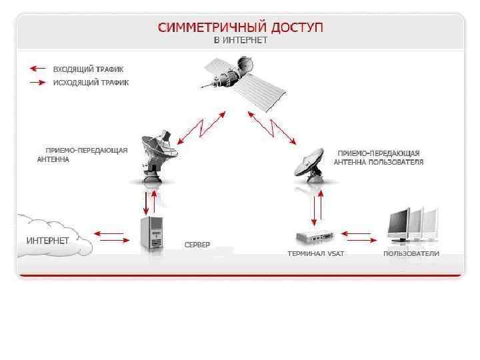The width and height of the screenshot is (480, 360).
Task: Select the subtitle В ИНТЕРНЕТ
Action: (x=241, y=41)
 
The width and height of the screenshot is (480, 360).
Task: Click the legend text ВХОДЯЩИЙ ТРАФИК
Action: (x=88, y=69)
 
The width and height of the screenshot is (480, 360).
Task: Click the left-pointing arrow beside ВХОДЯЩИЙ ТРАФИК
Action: (x=37, y=68)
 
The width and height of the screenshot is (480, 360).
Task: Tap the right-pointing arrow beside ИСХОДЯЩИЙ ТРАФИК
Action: (x=37, y=83)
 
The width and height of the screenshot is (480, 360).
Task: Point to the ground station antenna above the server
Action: (x=155, y=156)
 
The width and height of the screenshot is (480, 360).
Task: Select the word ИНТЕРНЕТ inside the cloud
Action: (x=47, y=239)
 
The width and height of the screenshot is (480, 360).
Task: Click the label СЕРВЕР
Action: (x=197, y=245)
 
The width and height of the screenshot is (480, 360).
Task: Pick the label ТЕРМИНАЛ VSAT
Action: (x=315, y=254)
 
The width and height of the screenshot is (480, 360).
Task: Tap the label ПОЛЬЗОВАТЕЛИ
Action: (x=411, y=254)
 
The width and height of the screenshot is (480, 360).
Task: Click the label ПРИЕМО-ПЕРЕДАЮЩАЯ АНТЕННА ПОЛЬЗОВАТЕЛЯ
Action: (x=378, y=157)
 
